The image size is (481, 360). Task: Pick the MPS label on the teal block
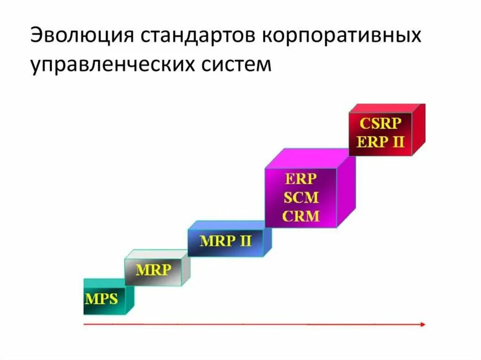101,299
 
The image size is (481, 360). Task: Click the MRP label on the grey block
154,270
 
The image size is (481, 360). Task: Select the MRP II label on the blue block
225,241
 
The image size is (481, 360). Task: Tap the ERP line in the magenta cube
301,179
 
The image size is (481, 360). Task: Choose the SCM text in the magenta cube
301,197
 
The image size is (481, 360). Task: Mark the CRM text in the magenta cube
301,216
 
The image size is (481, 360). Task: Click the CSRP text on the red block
380,124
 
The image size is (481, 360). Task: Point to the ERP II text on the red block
380,142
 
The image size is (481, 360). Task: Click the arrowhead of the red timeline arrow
423,324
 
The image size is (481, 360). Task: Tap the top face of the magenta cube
310,158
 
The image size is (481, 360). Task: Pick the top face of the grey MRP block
157,254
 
